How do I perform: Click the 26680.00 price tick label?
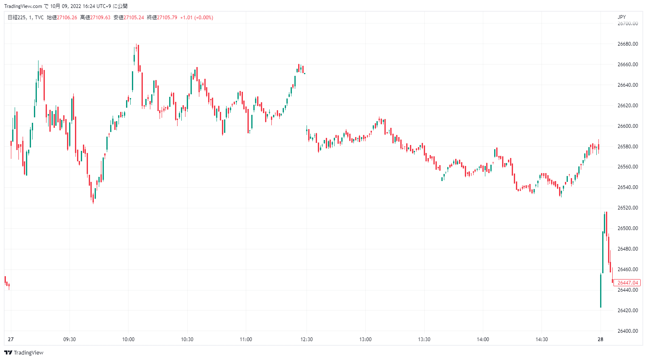click(627, 44)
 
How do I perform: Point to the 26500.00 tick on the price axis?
click(627, 228)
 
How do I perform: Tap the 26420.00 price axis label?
click(627, 311)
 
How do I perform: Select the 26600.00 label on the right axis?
click(627, 126)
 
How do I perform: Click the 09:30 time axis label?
click(70, 339)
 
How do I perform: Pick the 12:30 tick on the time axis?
click(307, 339)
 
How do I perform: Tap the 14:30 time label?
click(541, 339)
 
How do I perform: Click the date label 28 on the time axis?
click(601, 339)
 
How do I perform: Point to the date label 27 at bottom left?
click(10, 339)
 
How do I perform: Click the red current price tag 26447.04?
click(627, 283)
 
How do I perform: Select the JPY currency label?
click(621, 17)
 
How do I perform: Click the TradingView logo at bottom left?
click(24, 352)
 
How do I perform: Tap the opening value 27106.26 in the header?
click(67, 18)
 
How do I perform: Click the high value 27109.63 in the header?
click(101, 18)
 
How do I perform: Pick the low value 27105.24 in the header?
click(134, 18)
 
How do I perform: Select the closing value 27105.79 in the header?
click(167, 18)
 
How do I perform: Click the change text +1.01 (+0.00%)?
click(196, 18)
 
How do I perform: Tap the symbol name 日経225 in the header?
click(17, 18)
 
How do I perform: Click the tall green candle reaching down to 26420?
click(601, 290)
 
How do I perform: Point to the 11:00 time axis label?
click(246, 339)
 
